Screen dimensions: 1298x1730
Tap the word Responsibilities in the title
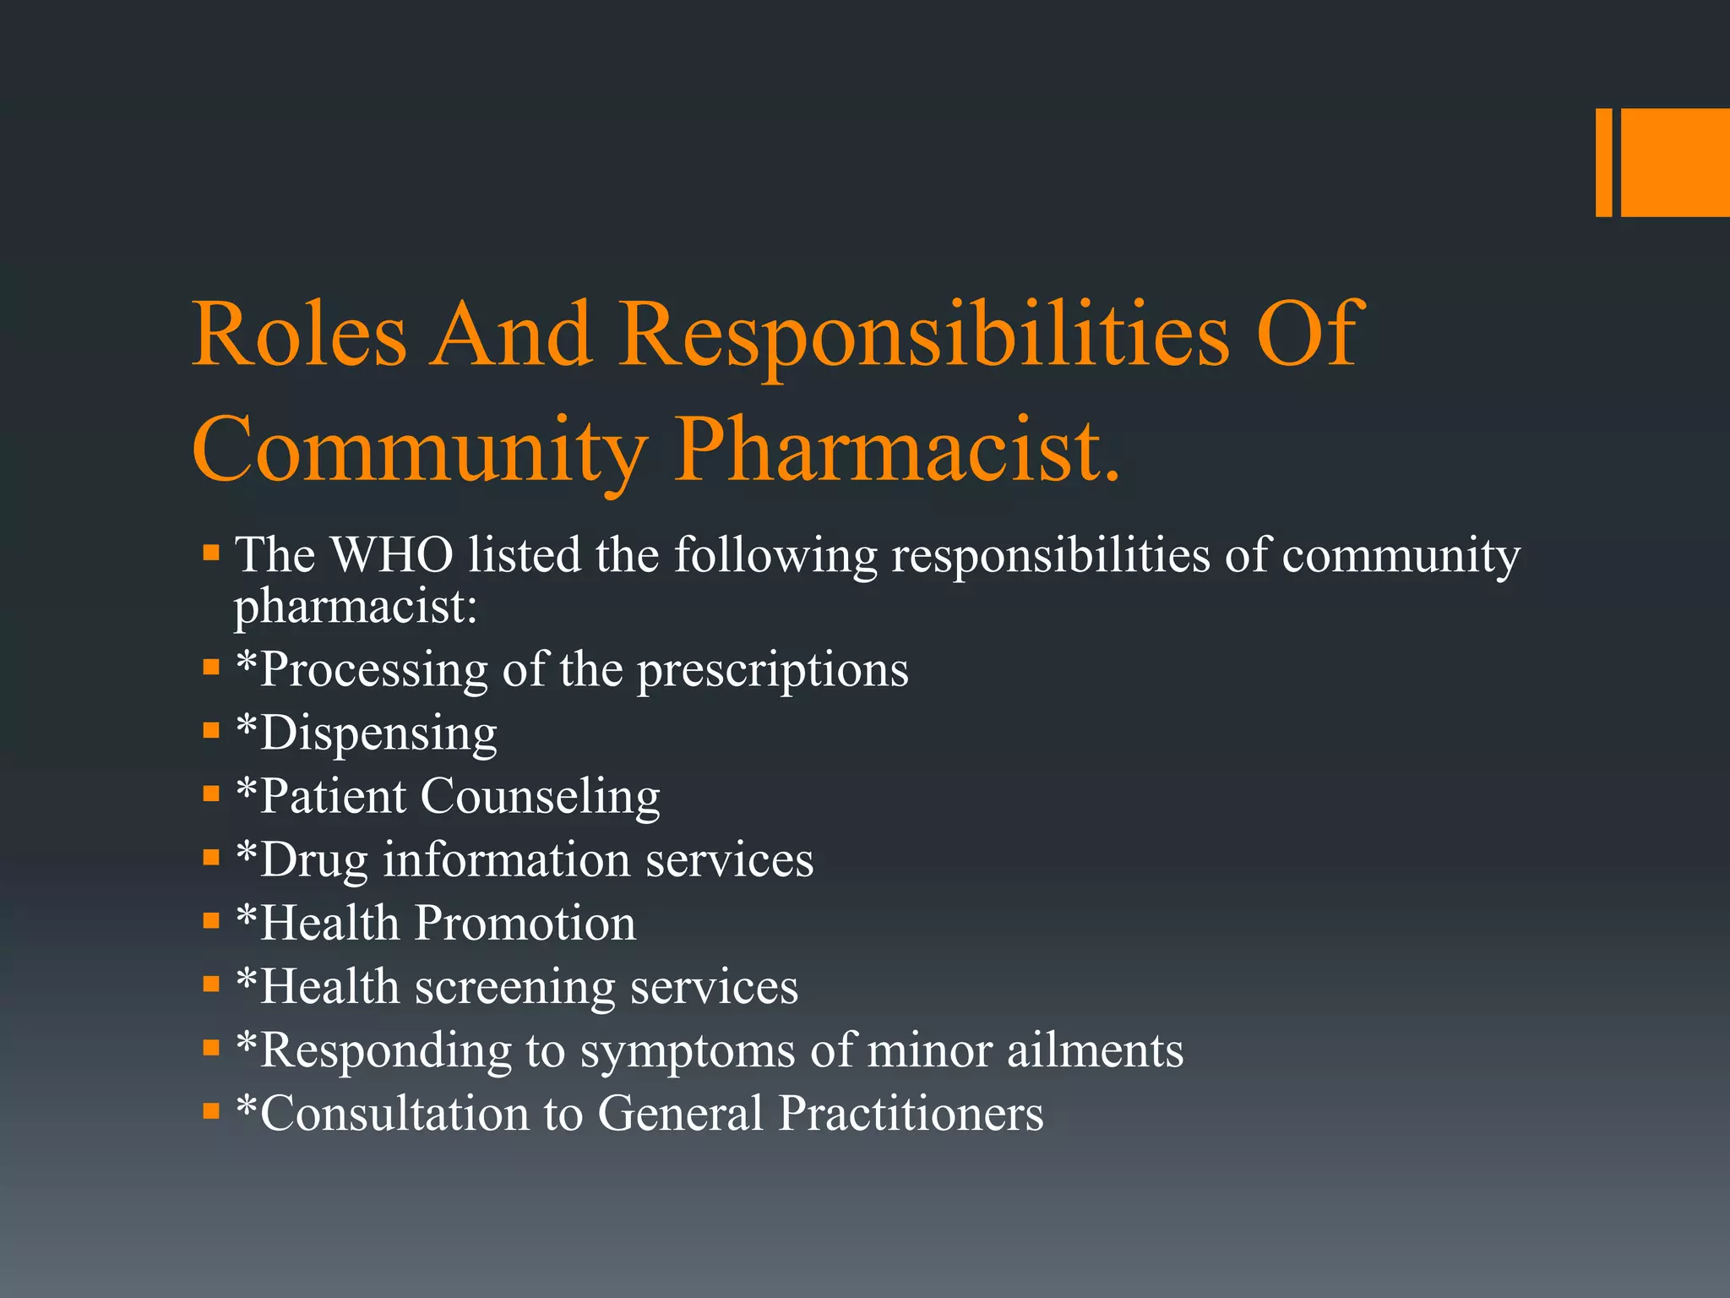925,338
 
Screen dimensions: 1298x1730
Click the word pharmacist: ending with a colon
356,607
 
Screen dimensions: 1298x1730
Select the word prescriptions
772,671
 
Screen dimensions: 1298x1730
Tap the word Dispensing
378,734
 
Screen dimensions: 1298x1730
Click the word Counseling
540,797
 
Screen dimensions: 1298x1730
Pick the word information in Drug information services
507,859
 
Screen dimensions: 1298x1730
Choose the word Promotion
525,923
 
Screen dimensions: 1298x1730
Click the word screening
515,987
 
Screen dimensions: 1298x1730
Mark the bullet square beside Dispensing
211,730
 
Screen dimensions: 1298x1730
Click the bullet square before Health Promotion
211,920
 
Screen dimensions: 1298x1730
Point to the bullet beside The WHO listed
211,554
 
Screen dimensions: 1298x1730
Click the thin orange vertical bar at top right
1603,162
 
